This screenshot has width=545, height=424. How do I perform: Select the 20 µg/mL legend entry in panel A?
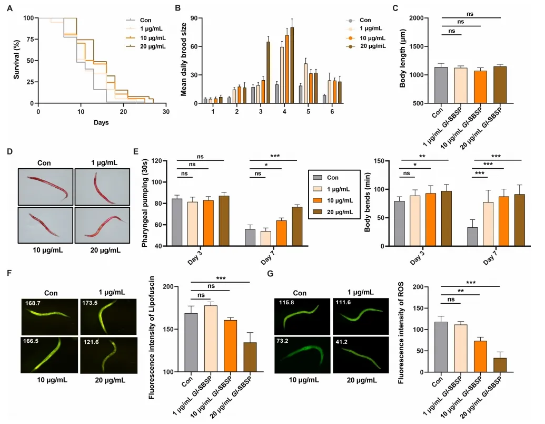(152, 46)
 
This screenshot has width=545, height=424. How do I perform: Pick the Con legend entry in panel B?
(365, 20)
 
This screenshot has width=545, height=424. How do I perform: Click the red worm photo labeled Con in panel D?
(45, 187)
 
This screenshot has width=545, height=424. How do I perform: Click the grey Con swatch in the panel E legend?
(318, 178)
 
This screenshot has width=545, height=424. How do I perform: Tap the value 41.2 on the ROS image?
(343, 341)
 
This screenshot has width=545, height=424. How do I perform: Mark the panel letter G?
(270, 274)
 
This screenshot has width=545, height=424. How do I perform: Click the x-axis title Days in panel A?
(101, 122)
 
